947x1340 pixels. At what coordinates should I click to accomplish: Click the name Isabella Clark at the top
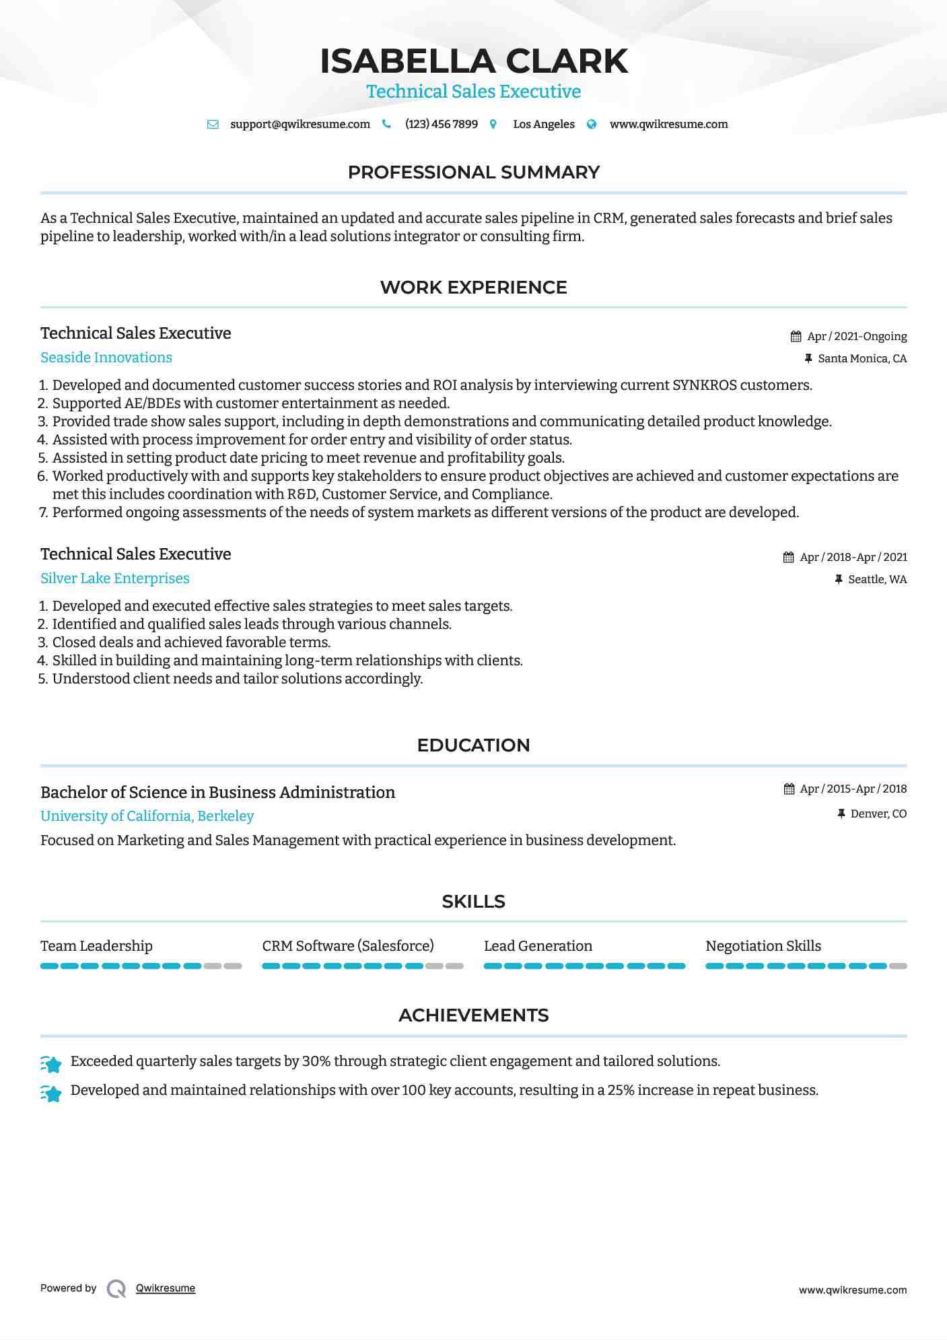click(473, 61)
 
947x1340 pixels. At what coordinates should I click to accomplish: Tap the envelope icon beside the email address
click(213, 125)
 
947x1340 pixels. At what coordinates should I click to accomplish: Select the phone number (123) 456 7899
click(441, 125)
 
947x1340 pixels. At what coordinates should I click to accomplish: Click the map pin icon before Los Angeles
click(493, 125)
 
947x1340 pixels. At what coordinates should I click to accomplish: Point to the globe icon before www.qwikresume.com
click(592, 125)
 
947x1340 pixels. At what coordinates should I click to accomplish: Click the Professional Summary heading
click(473, 172)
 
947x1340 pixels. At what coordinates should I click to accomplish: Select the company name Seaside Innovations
click(106, 358)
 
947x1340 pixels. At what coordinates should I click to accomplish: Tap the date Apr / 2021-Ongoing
click(856, 337)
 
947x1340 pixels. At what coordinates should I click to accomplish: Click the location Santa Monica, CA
click(862, 359)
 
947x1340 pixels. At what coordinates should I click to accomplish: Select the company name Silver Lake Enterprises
click(115, 578)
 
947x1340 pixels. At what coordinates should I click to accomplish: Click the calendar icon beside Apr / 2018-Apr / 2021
click(789, 558)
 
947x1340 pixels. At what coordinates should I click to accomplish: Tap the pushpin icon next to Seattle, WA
click(839, 580)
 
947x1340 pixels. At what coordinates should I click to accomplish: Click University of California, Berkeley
click(147, 816)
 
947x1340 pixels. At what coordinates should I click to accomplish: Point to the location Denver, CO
click(878, 814)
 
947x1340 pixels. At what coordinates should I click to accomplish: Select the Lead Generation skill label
click(538, 946)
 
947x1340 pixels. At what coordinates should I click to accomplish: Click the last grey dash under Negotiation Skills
click(898, 966)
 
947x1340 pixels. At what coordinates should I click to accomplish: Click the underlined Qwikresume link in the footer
click(166, 1288)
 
